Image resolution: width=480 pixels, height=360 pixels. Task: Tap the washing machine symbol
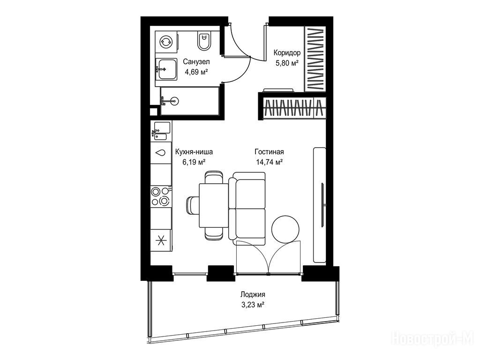(x=166, y=42)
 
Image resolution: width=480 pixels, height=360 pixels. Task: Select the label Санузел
(x=196, y=61)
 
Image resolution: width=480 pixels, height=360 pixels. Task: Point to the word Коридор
(x=287, y=52)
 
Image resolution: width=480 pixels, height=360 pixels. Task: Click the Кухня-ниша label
(x=194, y=151)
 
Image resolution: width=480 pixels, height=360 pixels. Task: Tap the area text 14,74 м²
(x=269, y=162)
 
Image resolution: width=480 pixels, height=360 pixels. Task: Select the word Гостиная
(x=269, y=151)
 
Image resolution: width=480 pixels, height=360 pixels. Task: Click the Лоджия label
(x=253, y=294)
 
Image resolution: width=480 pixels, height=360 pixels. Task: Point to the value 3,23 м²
(x=253, y=305)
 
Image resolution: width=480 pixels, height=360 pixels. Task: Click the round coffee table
(x=285, y=229)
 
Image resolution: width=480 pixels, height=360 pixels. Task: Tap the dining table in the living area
(x=214, y=205)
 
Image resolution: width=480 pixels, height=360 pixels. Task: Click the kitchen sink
(x=161, y=131)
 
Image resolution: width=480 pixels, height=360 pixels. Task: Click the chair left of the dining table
(x=193, y=205)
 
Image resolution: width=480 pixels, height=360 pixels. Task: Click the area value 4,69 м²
(x=196, y=72)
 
